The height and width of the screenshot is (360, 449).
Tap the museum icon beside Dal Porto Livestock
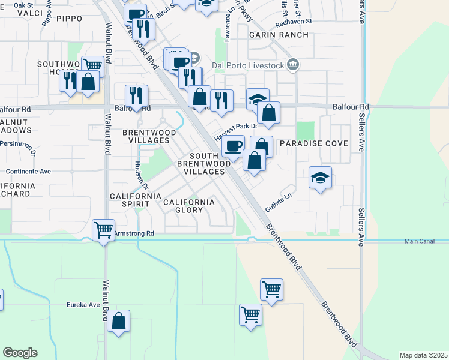pos(292,65)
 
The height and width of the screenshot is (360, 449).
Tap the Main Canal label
pos(419,241)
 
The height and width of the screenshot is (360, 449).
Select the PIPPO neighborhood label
pos(69,19)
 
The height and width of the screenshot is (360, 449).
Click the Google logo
pos(20,353)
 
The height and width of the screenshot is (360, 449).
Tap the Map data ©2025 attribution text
pos(423,355)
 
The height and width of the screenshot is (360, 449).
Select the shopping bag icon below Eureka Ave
pos(119,321)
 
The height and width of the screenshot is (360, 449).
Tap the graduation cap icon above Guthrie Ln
pos(321,177)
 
